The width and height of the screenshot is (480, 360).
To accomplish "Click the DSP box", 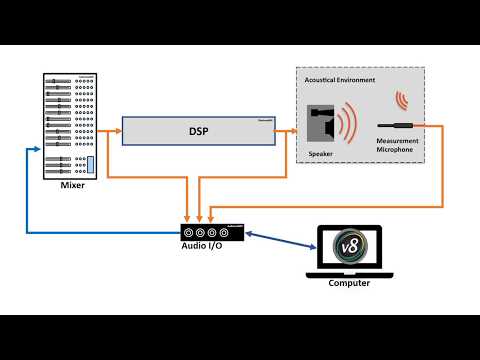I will (199, 130).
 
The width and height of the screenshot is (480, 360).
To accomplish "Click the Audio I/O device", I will (211, 232).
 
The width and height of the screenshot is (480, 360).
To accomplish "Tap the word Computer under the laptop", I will (349, 283).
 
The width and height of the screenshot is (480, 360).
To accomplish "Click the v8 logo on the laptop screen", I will (349, 246).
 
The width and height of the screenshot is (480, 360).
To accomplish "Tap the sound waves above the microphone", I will (403, 100).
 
